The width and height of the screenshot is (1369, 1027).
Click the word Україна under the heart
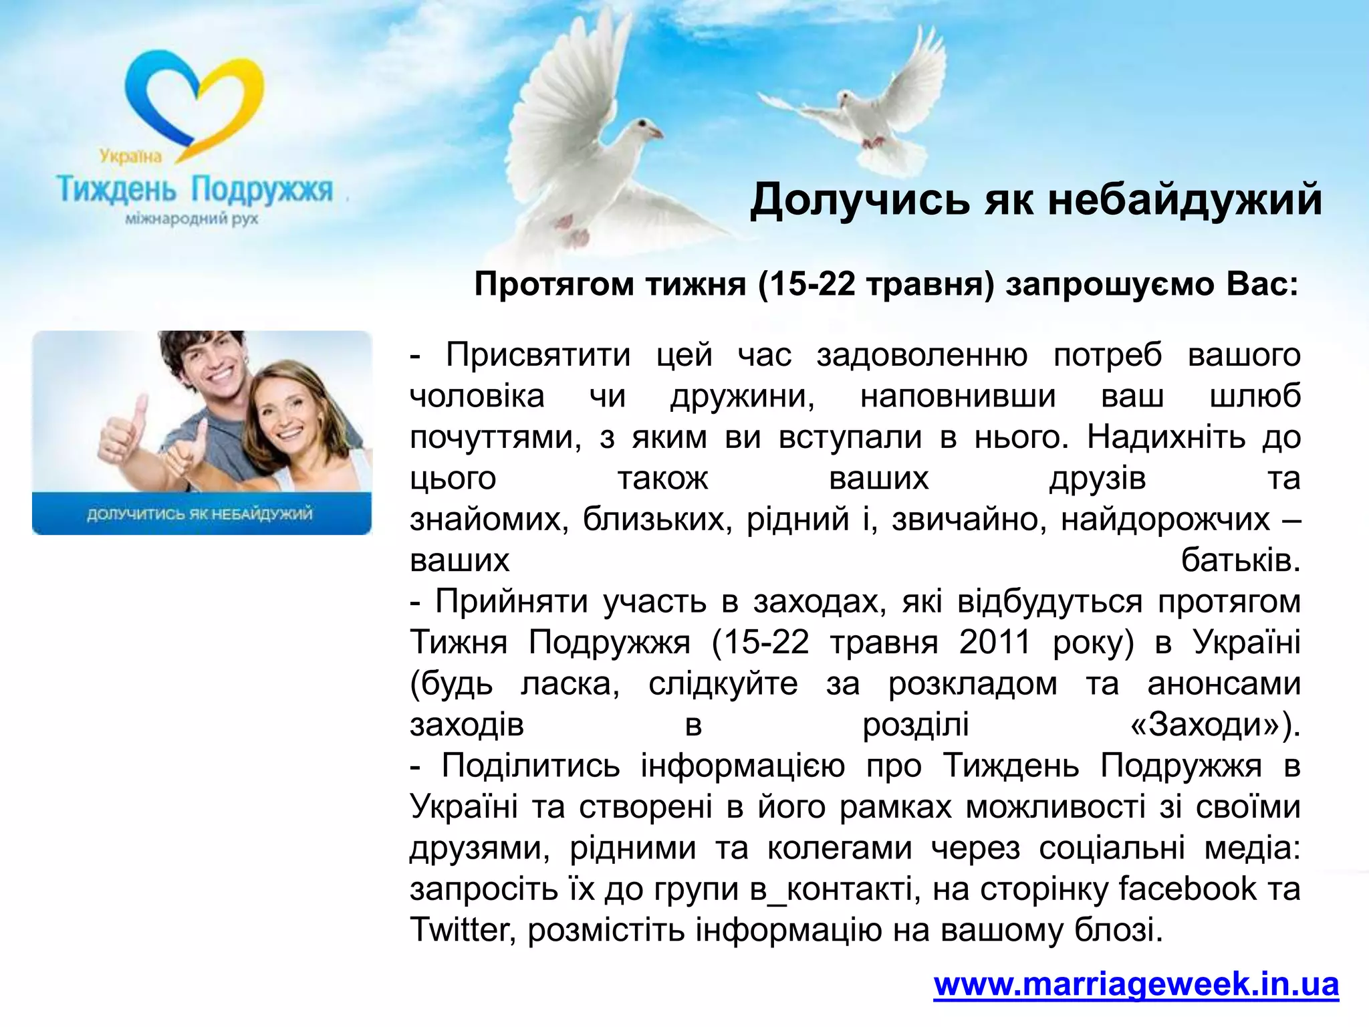point(131,156)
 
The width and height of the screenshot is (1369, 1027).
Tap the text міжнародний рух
point(192,219)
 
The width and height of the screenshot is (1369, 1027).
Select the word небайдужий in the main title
point(1184,199)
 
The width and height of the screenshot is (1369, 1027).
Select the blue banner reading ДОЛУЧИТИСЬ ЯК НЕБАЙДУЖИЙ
point(201,513)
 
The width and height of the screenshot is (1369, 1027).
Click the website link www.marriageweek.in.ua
point(1136,984)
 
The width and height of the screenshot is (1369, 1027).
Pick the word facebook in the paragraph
point(1187,889)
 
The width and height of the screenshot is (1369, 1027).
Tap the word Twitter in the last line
point(459,929)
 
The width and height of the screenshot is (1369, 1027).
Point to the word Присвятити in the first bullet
point(538,354)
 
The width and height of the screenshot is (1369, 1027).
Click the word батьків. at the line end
point(1241,560)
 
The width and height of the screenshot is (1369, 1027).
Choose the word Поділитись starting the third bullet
point(530,766)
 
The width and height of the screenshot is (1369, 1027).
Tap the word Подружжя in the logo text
point(261,190)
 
